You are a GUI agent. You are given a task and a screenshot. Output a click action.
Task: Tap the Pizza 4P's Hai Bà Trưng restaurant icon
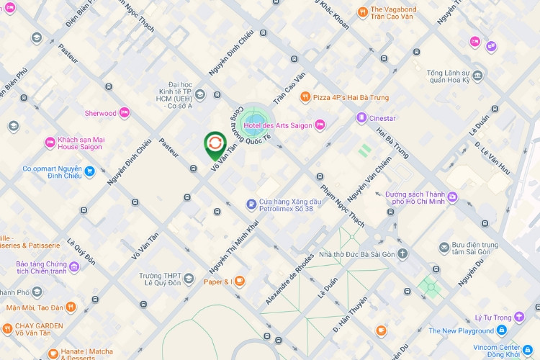[305, 97]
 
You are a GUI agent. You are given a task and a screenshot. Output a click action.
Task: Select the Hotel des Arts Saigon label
[278, 126]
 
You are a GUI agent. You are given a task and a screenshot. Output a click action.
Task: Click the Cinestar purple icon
[360, 117]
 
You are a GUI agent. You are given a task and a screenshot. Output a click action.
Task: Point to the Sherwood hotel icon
[125, 113]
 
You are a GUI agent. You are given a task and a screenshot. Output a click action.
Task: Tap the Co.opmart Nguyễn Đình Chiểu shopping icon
[90, 171]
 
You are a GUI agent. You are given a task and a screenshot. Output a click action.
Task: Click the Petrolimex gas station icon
[251, 204]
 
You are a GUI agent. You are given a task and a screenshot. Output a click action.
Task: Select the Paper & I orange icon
[239, 282]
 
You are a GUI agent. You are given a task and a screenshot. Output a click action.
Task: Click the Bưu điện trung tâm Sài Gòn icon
[444, 248]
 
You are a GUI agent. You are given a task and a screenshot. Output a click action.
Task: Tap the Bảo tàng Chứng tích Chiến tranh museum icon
[74, 267]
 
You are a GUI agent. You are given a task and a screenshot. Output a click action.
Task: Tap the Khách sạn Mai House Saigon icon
[50, 142]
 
